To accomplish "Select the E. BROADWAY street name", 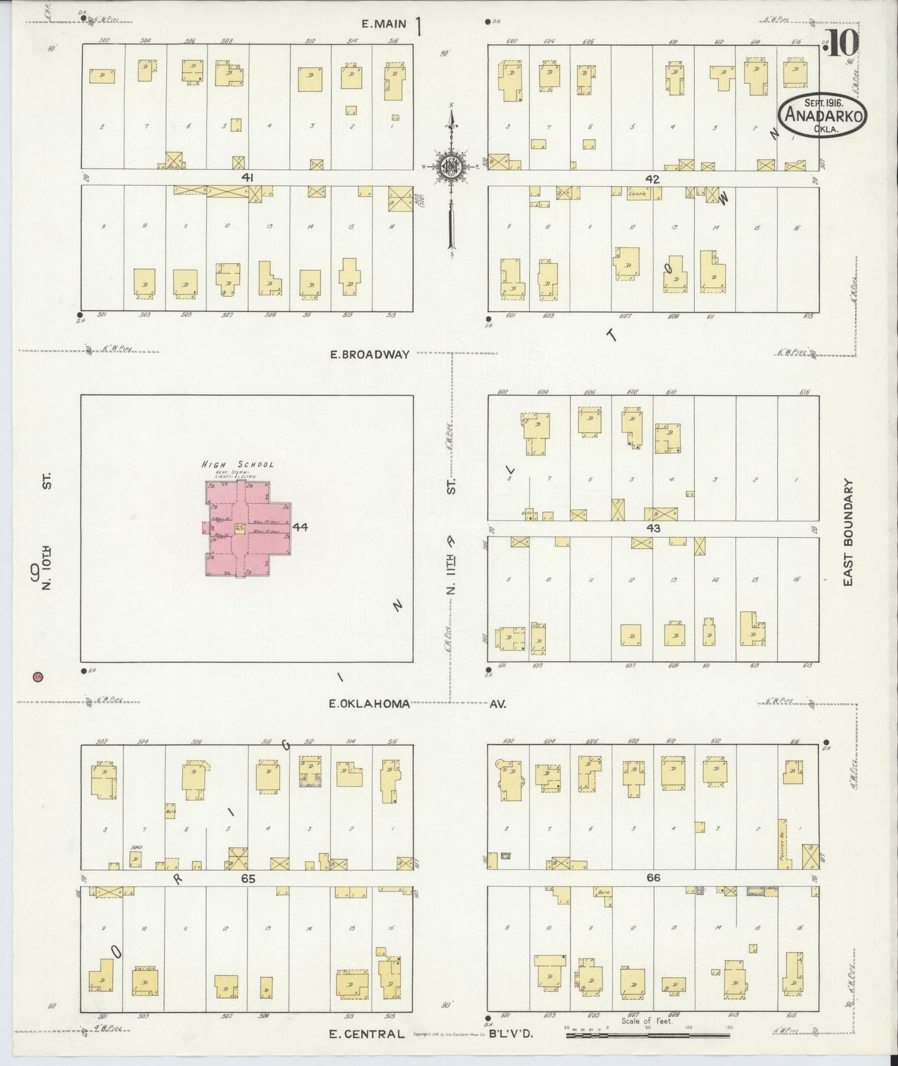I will (x=369, y=355).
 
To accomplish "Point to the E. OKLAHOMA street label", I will (x=369, y=704).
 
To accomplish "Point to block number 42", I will (x=652, y=179).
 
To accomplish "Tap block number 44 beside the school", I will (x=300, y=527).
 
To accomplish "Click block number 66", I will (x=653, y=878).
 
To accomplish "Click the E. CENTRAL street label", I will (x=366, y=1034).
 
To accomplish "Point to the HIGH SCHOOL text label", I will (x=237, y=464).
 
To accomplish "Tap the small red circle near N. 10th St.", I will (x=38, y=677).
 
